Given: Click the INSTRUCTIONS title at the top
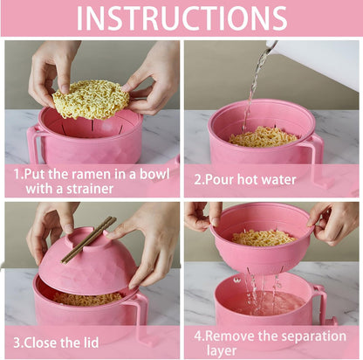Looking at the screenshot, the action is coord(181,18).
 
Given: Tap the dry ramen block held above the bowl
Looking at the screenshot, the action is coord(91,100).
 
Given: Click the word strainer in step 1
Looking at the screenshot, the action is coord(90,189).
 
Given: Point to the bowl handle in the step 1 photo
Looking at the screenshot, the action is coord(34,142).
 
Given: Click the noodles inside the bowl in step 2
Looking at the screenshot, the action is coord(263,136).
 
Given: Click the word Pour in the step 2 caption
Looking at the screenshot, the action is coord(220,179).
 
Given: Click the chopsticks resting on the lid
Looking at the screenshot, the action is coord(89,239).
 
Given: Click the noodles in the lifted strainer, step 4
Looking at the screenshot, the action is coord(264,238).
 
